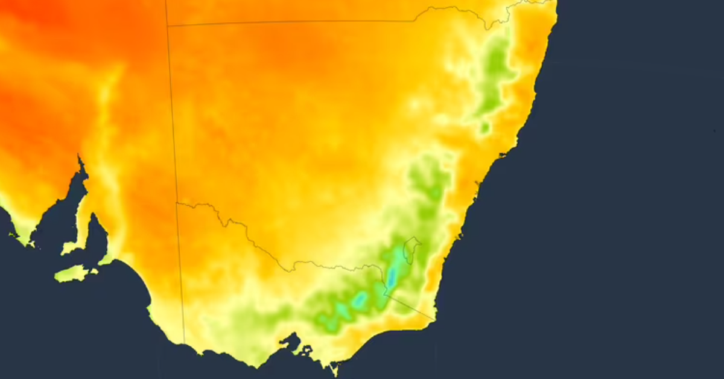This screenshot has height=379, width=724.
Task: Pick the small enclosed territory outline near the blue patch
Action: (x=411, y=249)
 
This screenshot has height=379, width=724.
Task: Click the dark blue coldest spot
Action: (x=392, y=277)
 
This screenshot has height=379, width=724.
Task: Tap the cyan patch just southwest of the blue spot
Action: (x=360, y=299)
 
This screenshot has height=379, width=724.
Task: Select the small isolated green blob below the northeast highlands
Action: (x=484, y=127)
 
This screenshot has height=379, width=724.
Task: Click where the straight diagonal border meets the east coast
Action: (x=436, y=320)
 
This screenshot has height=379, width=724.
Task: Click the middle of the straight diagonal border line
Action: (x=410, y=307)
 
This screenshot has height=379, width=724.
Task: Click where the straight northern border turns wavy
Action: (x=416, y=21)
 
